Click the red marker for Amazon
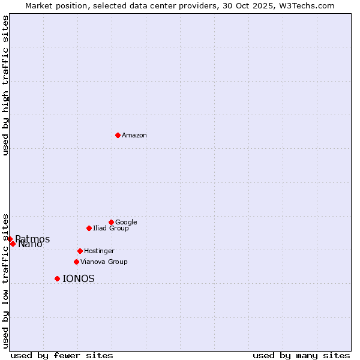click(118, 135)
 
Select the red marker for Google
click(111, 222)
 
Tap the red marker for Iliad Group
click(89, 228)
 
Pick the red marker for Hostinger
click(80, 251)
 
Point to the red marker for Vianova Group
click(76, 262)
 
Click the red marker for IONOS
click(57, 278)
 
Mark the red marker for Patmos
click(10, 239)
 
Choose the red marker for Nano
click(13, 244)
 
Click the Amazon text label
click(134, 136)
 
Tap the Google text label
click(126, 223)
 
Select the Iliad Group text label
click(111, 229)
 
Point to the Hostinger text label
click(99, 251)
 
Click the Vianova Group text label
click(104, 262)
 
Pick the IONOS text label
click(79, 279)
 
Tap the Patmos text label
click(33, 239)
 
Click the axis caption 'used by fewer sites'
click(62, 355)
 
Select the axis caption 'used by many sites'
click(301, 355)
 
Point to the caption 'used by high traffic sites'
click(5, 85)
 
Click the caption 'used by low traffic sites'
click(5, 281)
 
